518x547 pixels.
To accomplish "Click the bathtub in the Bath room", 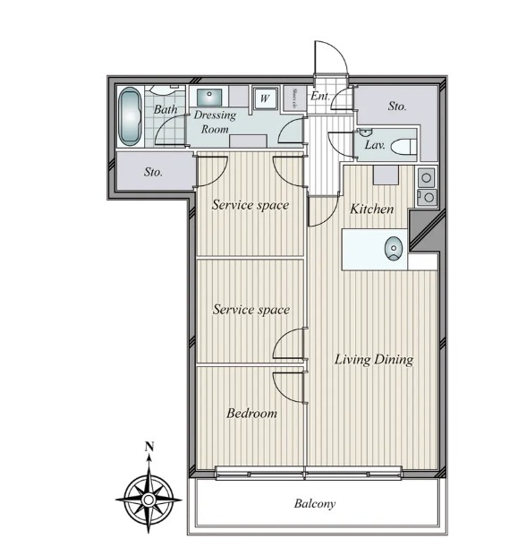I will click(130, 116).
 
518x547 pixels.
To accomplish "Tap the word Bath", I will click(165, 110).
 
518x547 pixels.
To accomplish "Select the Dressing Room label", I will click(215, 122).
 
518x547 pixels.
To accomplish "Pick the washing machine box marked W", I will click(265, 98).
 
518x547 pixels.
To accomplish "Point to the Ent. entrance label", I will click(319, 96).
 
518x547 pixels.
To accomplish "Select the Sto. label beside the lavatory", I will click(397, 106).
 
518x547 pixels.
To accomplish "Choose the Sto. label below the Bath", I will click(153, 172).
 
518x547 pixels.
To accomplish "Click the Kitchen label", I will click(371, 209).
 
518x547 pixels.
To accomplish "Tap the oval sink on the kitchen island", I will click(392, 249).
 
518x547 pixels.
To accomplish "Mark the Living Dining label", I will click(373, 360).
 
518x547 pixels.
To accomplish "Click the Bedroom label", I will click(251, 414).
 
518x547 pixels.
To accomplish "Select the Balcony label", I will click(315, 504).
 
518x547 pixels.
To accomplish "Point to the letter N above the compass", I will click(150, 447).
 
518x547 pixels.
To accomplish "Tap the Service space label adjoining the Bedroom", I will click(251, 310).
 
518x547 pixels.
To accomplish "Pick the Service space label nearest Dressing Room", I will click(251, 205).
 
